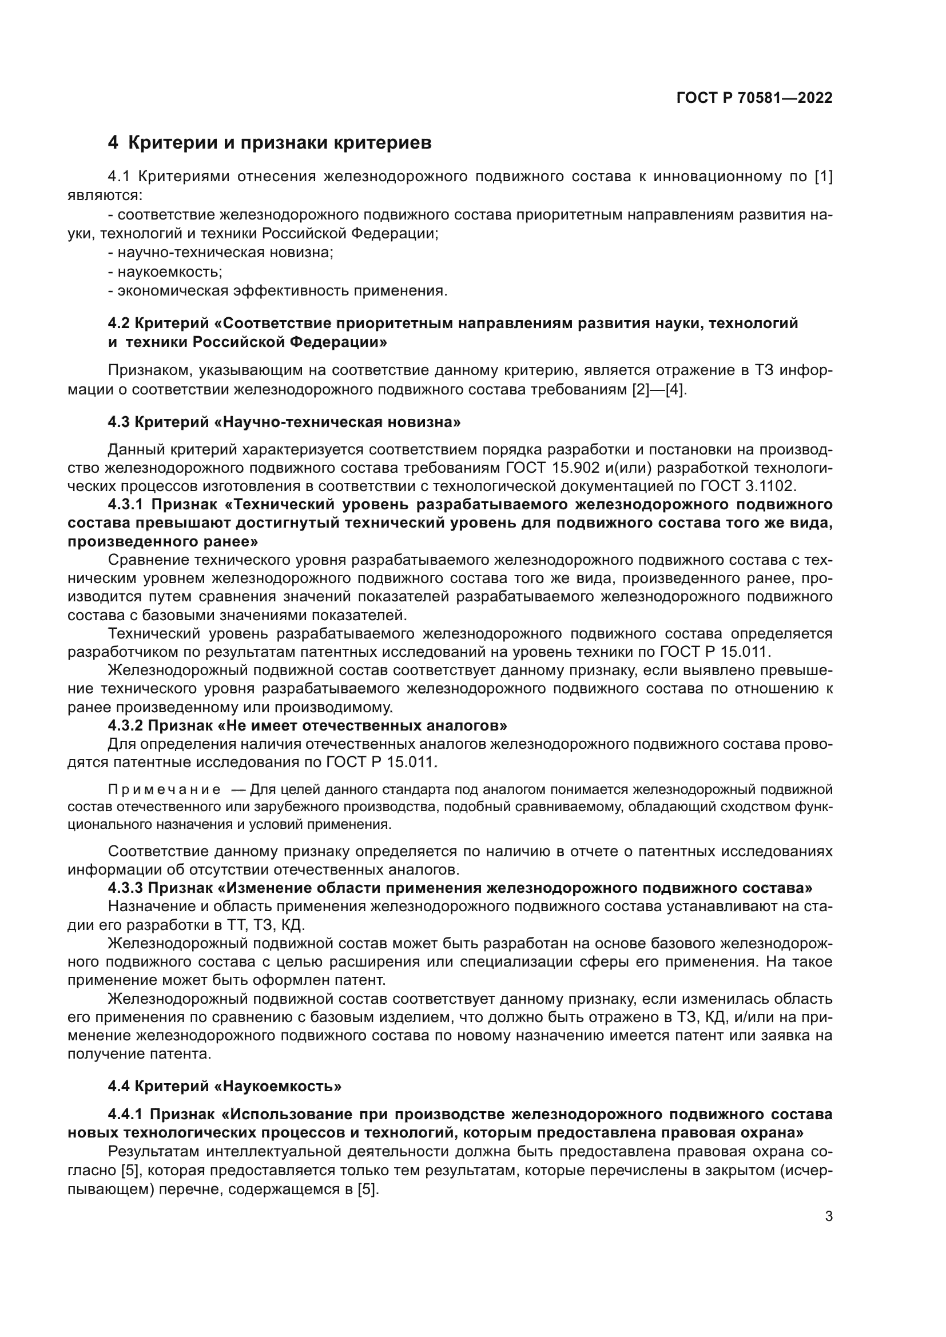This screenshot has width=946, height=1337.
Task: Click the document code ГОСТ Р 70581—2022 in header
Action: point(754,98)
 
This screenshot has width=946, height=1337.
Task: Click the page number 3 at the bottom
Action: point(829,1216)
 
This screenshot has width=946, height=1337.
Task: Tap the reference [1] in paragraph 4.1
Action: point(823,177)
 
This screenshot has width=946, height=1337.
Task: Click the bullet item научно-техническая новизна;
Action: point(221,252)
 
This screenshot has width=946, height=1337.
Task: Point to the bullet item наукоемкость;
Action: point(165,272)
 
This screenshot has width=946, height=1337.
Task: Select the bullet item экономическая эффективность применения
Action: point(278,290)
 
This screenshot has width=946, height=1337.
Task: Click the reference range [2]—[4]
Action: point(659,390)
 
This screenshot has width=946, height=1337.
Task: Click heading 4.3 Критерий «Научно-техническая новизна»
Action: point(284,422)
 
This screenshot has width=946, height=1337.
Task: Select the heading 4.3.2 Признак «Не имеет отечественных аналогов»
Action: point(308,725)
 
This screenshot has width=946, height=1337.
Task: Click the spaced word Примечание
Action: point(165,789)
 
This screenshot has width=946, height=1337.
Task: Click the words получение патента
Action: point(139,1054)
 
